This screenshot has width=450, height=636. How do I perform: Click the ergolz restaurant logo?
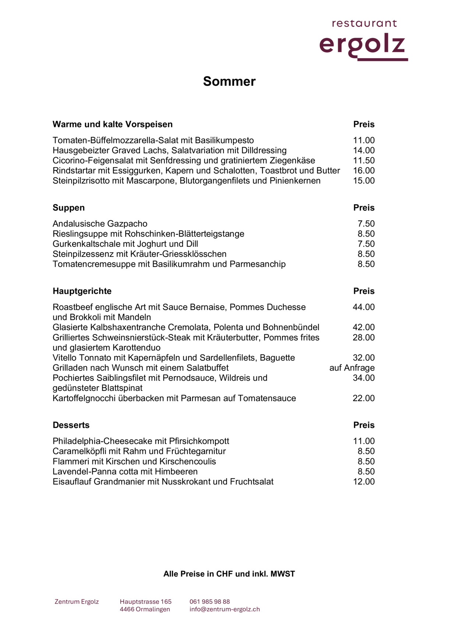tap(363, 40)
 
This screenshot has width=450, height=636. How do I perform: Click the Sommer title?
tap(229, 81)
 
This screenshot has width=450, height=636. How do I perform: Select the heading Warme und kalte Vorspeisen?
tap(112, 124)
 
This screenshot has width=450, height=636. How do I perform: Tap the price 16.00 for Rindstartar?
tap(363, 171)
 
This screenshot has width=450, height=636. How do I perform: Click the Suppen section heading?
tap(68, 208)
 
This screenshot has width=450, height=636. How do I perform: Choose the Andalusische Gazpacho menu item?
tap(100, 224)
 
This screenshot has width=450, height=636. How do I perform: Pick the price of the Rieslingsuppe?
tap(366, 234)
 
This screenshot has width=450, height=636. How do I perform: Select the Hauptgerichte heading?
tap(82, 291)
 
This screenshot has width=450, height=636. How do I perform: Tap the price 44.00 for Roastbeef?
tap(363, 307)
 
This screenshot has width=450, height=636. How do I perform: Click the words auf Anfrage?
tap(352, 368)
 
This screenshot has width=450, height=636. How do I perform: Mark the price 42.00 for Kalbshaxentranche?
tap(363, 328)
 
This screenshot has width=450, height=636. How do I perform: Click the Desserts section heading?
tap(71, 425)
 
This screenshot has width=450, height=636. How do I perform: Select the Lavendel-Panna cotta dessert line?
tap(125, 472)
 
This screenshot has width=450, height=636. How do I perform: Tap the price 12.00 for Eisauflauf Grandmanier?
tap(363, 482)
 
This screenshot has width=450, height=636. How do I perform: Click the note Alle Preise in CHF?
tap(229, 574)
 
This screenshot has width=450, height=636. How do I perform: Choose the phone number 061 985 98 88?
tap(210, 602)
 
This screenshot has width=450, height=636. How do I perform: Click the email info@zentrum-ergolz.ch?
tap(225, 609)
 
